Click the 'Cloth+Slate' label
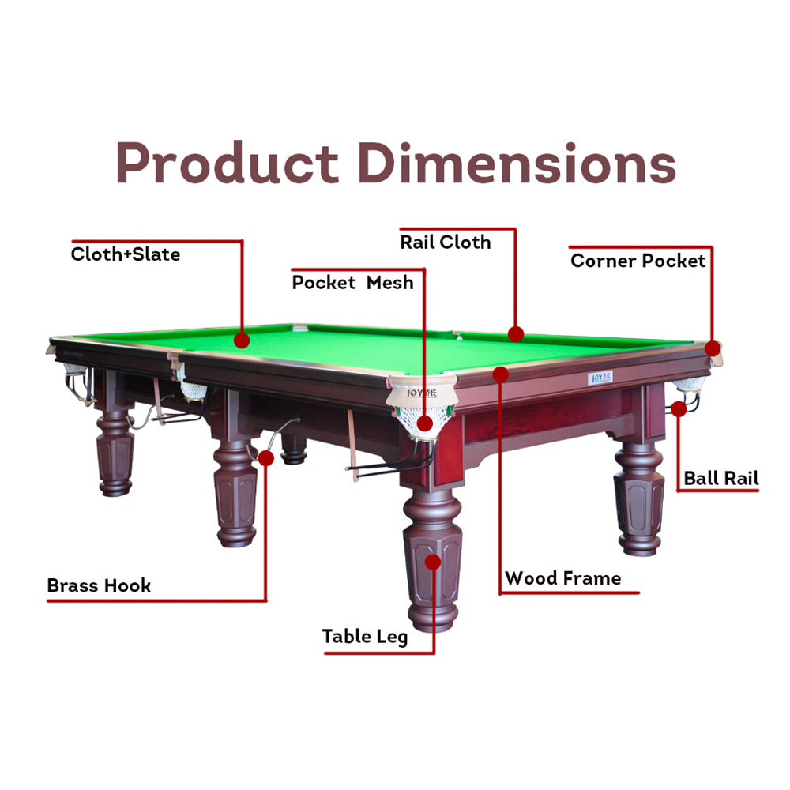pos(126,254)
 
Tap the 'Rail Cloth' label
pos(446,243)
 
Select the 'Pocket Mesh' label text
pos(352,283)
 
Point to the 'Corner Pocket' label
pos(638,261)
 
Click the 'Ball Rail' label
pos(721,478)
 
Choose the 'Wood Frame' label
pos(562,578)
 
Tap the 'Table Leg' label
pos(365,637)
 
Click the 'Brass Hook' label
pos(99,585)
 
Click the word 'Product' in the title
pos(228,163)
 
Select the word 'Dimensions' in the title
pos(517,163)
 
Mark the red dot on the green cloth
pos(242,340)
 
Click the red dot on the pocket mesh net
pos(425,423)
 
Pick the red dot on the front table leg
pos(433,562)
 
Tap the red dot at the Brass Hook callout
pos(266,458)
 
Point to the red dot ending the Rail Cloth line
pos(516,334)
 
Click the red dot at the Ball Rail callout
pos(679,409)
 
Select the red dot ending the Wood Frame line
pos(501,374)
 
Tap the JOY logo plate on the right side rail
pos(600,378)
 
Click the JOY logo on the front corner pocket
pos(422,393)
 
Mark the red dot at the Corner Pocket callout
pos(713,348)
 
